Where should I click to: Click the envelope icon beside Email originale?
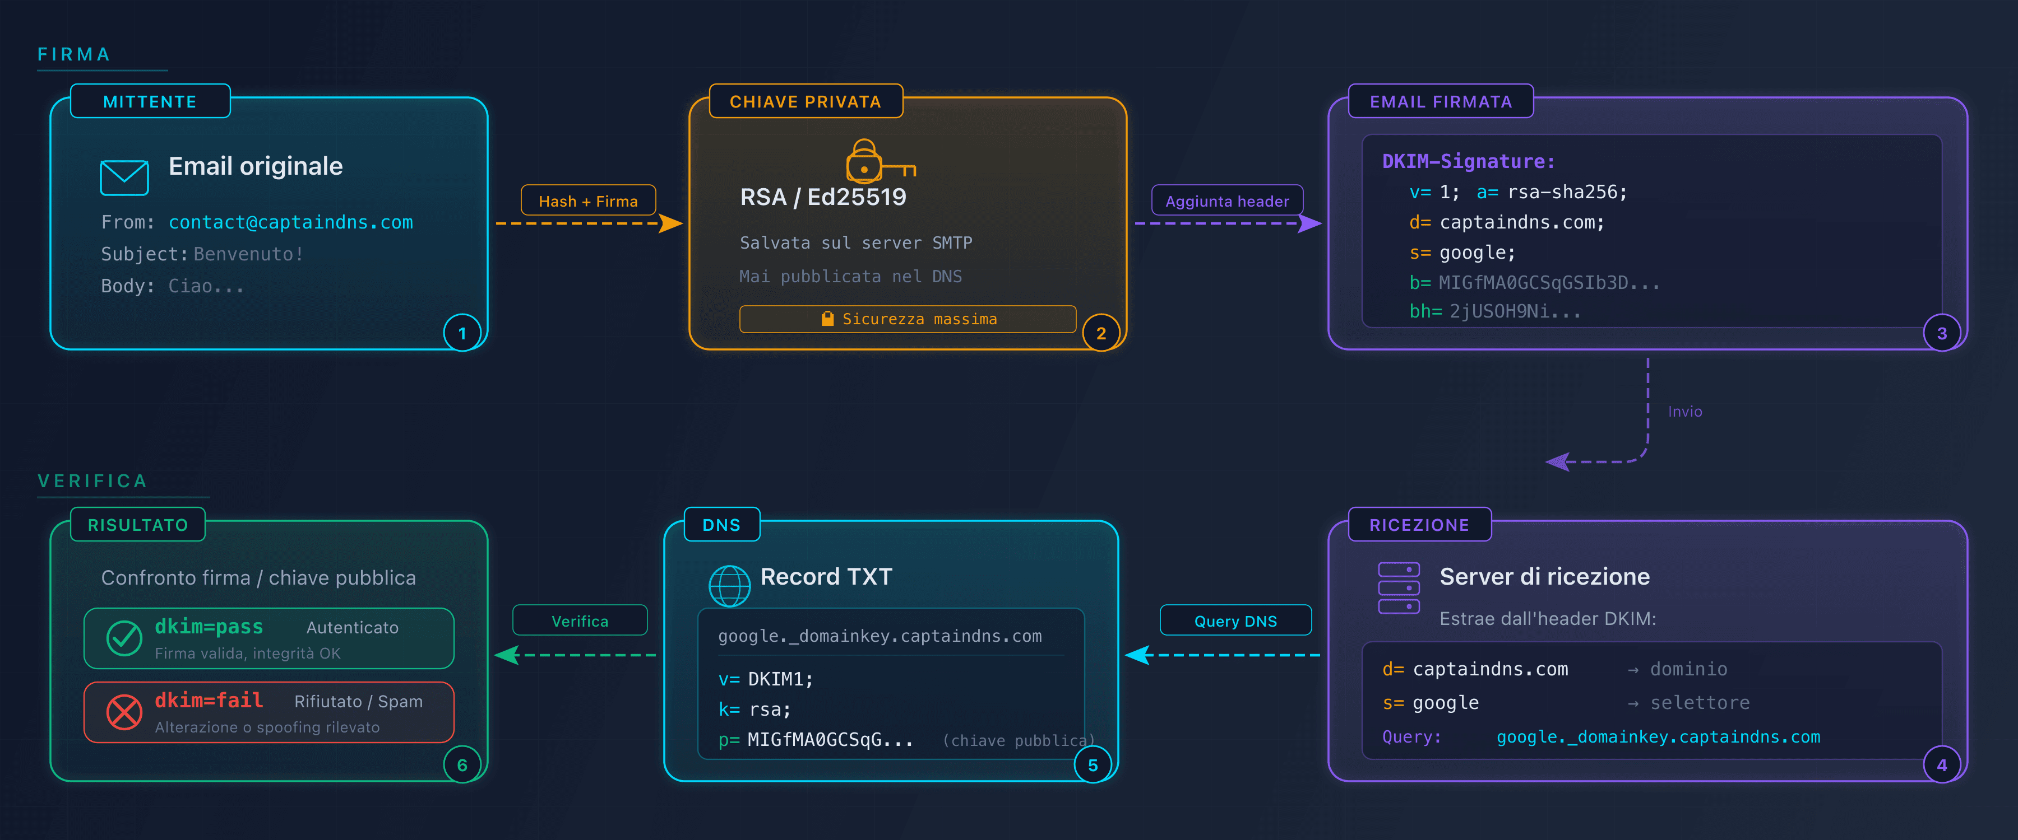124,178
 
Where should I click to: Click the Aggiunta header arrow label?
1227,200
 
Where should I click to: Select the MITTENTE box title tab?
150,102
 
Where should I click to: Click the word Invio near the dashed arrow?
1684,412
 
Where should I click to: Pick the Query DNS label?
1235,621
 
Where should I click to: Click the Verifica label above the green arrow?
580,621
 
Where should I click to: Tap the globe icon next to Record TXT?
729,586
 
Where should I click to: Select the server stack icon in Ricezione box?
1399,588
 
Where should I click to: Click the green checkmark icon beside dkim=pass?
124,638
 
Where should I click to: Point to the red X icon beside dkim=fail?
124,712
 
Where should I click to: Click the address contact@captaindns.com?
290,222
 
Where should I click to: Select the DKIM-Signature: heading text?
1468,161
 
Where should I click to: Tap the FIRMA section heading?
73,54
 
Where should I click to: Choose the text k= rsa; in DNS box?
755,710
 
